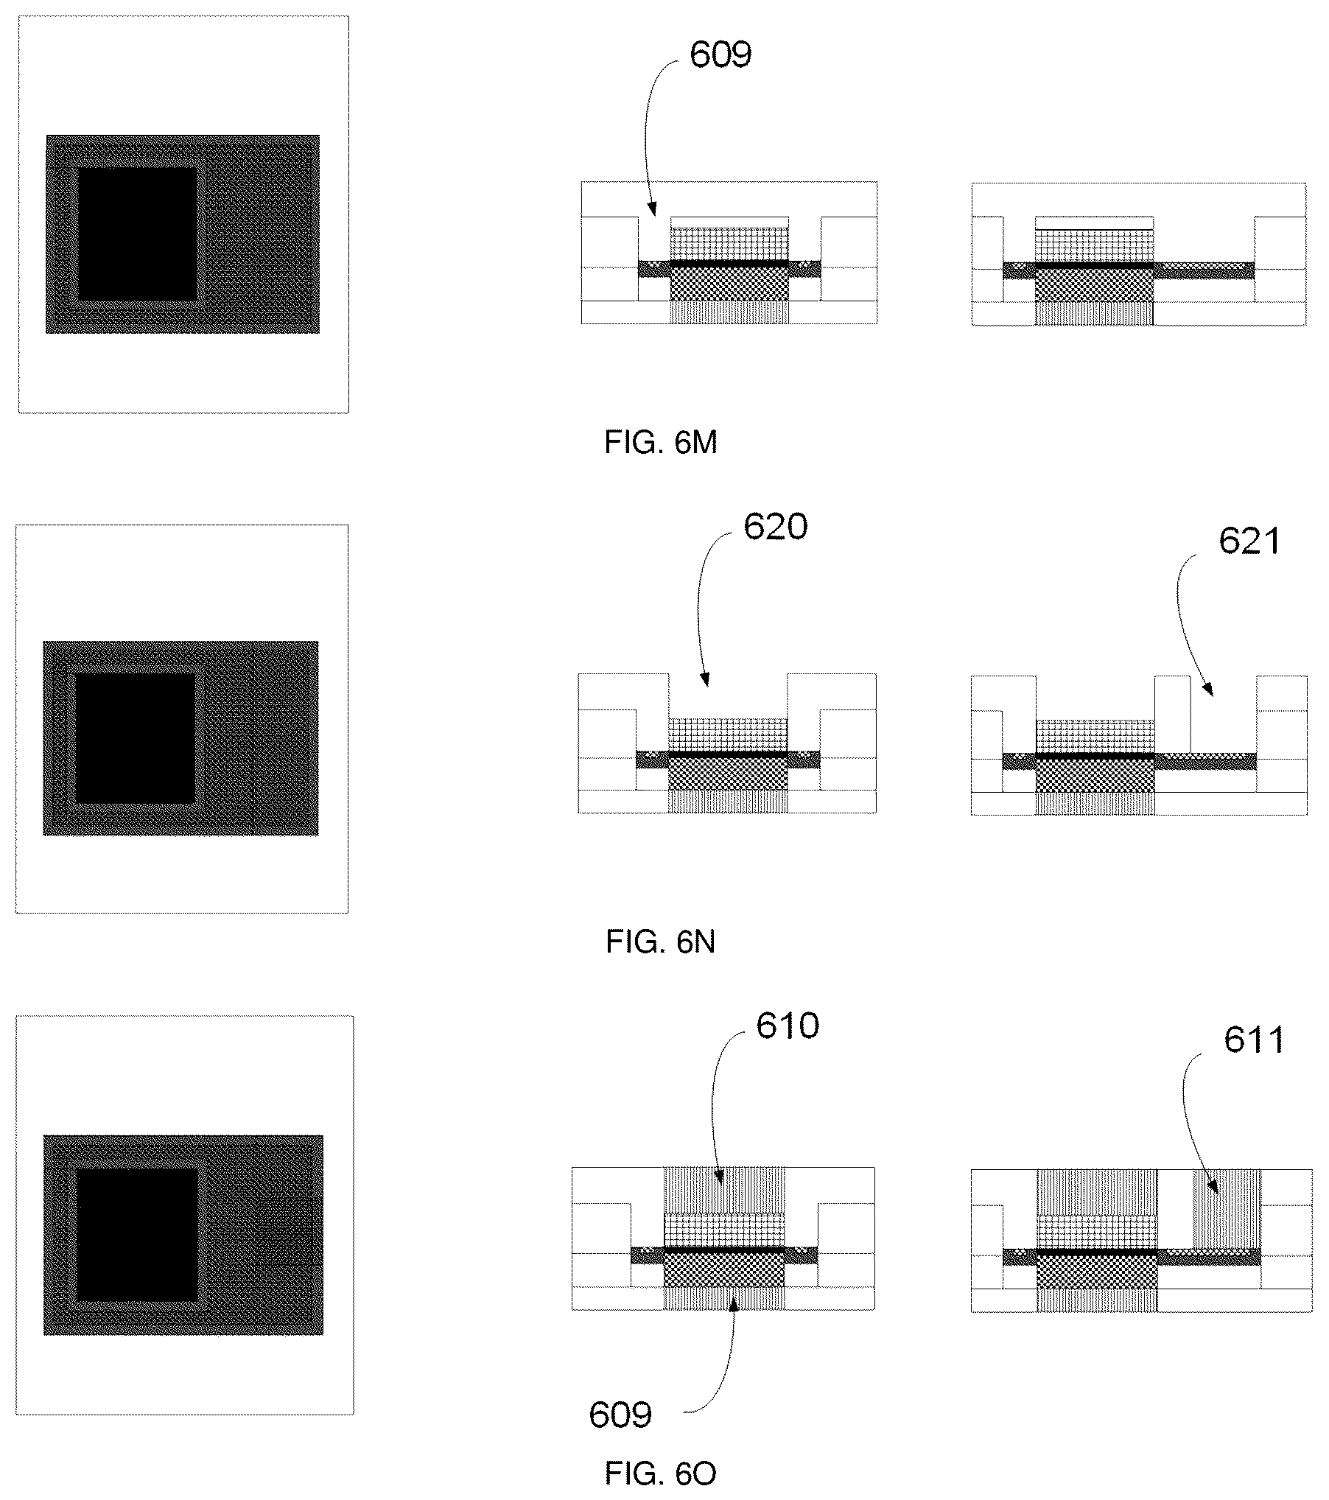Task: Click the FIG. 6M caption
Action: pyautogui.click(x=660, y=443)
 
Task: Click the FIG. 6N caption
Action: pyautogui.click(x=660, y=942)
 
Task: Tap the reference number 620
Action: pyautogui.click(x=775, y=527)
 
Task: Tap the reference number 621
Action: pyautogui.click(x=1250, y=541)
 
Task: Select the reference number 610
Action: pyautogui.click(x=788, y=1026)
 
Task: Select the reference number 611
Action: pyautogui.click(x=1255, y=1040)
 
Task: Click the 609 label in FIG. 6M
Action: pyautogui.click(x=720, y=55)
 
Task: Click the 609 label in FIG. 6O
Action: pyautogui.click(x=620, y=1415)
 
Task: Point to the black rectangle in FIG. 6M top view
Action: pyautogui.click(x=137, y=234)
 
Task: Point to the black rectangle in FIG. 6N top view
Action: pyautogui.click(x=136, y=738)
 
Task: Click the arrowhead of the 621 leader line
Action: pyautogui.click(x=1208, y=689)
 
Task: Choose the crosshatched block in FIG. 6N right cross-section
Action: pyautogui.click(x=1095, y=776)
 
